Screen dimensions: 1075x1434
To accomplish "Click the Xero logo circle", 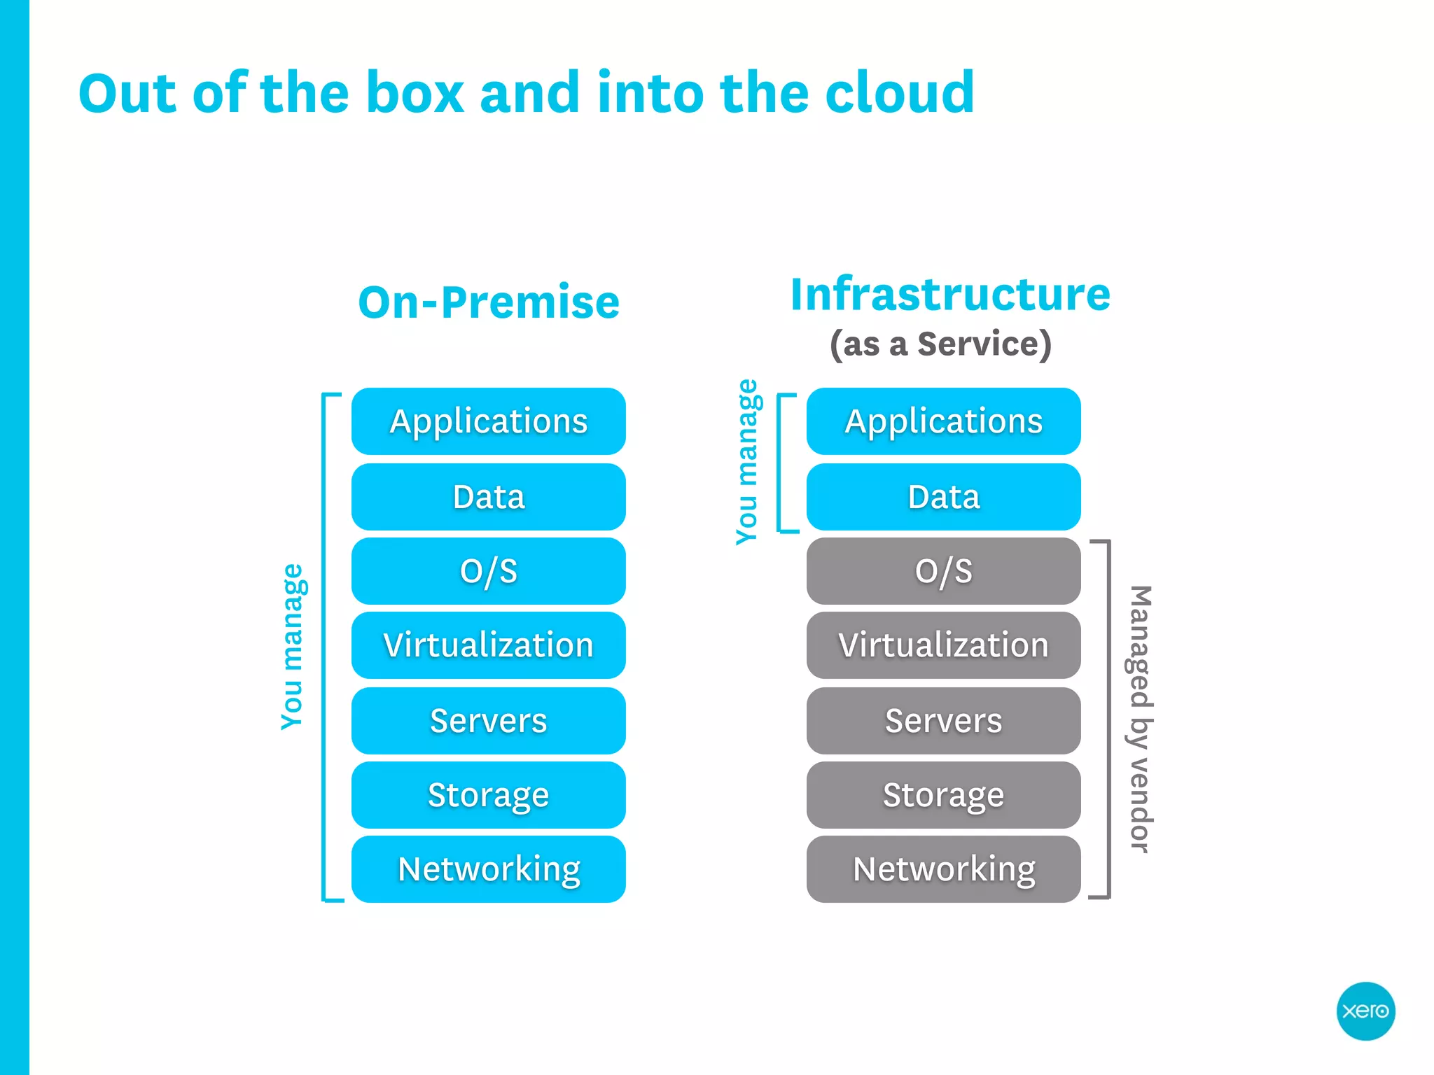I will (1365, 1011).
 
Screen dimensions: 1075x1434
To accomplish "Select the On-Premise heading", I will (489, 302).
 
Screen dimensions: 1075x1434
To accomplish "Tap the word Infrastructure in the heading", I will (950, 294).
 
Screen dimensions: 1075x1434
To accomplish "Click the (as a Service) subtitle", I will (940, 344).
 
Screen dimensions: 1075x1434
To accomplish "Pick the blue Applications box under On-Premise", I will (488, 421).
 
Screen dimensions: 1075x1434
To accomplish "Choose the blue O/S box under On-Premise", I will (488, 571).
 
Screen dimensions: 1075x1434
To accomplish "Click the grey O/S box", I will (943, 571).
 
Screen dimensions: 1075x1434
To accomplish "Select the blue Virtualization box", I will (488, 645).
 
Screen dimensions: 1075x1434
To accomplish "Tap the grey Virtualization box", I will (943, 645).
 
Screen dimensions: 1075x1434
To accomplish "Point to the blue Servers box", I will (488, 721).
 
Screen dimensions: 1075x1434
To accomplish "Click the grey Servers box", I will (943, 721).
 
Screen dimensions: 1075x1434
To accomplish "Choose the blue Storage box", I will (488, 795).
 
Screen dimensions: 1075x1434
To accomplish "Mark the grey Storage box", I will (943, 795).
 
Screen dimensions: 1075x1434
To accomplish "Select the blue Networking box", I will (488, 869).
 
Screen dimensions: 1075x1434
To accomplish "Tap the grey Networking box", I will (943, 869).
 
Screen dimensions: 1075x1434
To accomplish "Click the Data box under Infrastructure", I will (943, 497).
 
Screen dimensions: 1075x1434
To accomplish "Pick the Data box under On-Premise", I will (488, 497).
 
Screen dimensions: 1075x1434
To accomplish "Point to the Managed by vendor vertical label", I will (1140, 719).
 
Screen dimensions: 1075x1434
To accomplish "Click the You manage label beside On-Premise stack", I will (292, 647).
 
